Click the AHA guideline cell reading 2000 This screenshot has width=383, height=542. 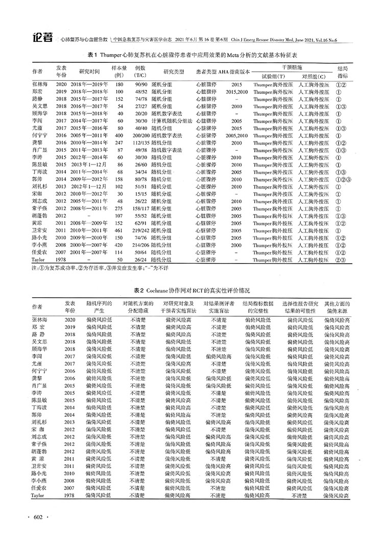pyautogui.click(x=236, y=244)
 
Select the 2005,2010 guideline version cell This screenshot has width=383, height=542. pyautogui.click(x=236, y=136)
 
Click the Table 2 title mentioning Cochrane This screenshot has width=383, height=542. pyautogui.click(x=192, y=290)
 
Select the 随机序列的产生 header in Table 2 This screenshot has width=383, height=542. pyautogui.click(x=99, y=307)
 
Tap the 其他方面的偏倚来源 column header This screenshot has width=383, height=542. pyautogui.click(x=337, y=307)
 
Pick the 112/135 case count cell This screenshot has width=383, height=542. pyautogui.click(x=141, y=144)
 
